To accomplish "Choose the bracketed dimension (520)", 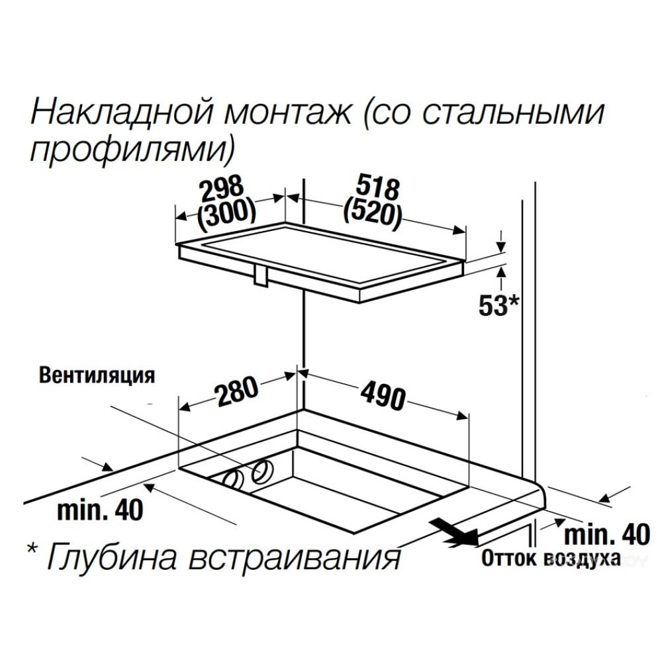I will pos(372,213).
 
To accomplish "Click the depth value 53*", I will pos(498,305).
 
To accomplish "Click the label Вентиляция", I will pos(97,375).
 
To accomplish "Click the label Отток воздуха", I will pos(551,558).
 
